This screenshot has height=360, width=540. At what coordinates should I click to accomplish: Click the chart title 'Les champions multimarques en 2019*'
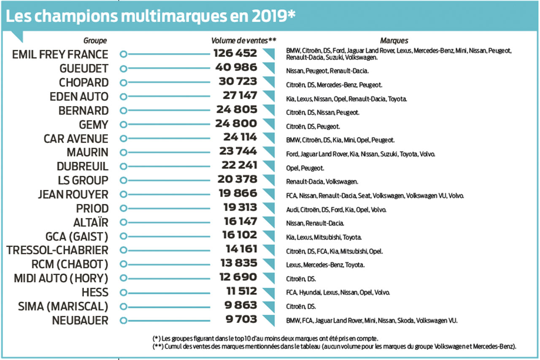tap(150, 15)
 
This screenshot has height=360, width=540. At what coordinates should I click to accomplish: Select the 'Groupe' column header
tap(95, 41)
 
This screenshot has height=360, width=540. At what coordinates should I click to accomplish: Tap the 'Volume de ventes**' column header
tap(243, 41)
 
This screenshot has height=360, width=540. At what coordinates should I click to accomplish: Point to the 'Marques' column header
tap(394, 41)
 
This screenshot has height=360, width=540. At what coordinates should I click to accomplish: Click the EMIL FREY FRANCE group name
tap(60, 54)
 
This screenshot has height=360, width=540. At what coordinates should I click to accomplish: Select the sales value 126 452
tap(235, 54)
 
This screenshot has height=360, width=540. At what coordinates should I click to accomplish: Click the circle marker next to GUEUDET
tap(123, 68)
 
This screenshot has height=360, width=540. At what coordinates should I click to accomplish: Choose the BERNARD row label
tap(84, 111)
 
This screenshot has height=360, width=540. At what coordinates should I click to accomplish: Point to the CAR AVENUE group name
tap(76, 139)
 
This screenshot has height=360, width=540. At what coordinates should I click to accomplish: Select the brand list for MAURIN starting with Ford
tap(360, 154)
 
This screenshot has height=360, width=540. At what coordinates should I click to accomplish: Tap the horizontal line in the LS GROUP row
tap(169, 180)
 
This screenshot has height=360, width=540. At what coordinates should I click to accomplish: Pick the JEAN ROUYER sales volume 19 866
tap(238, 194)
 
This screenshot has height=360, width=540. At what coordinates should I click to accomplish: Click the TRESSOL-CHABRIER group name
tap(57, 250)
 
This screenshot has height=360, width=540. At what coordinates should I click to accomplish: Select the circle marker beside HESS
tap(123, 292)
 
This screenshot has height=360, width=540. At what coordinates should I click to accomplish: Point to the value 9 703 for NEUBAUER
tap(241, 319)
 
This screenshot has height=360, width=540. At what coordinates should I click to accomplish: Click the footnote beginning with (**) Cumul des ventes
tap(334, 346)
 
